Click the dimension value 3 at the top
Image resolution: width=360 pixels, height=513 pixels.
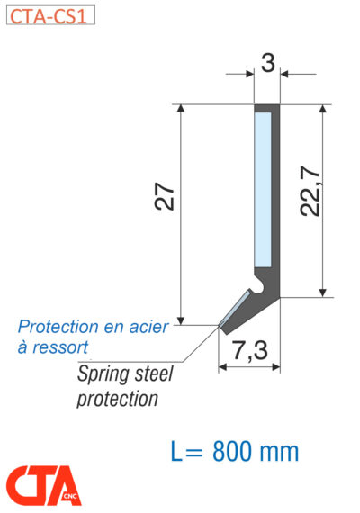tap(268, 62)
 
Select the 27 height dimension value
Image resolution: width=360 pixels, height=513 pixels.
tap(165, 196)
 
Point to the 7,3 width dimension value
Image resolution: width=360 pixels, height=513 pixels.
tap(250, 350)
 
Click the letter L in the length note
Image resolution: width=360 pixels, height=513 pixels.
tap(176, 452)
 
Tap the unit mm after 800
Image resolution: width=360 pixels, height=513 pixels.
tap(279, 453)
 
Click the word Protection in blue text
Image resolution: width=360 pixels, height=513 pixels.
tap(58, 327)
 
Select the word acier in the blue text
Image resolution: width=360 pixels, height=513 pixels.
tap(148, 327)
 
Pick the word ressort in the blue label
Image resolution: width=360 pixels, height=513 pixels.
tap(60, 347)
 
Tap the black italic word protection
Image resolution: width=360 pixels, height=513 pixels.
tap(118, 400)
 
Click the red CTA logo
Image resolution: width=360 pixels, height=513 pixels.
tap(43, 485)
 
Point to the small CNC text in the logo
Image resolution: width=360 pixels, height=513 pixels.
tap(70, 496)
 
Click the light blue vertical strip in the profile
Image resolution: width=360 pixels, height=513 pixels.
tap(263, 190)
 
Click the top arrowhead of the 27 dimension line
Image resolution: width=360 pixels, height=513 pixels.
tap(181, 109)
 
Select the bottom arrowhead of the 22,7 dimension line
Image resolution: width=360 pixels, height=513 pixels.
tap(323, 292)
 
